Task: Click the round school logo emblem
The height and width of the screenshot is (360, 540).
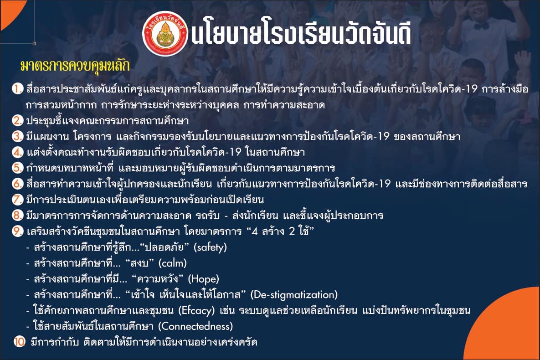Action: pyautogui.click(x=165, y=34)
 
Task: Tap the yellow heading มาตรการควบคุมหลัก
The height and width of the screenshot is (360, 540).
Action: pyautogui.click(x=75, y=66)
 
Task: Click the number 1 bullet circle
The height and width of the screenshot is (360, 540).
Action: pyautogui.click(x=17, y=88)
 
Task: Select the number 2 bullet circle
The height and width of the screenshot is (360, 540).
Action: pyautogui.click(x=17, y=120)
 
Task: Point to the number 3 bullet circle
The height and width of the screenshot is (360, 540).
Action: pyautogui.click(x=17, y=136)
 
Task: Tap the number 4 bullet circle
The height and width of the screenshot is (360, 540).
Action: pyautogui.click(x=17, y=152)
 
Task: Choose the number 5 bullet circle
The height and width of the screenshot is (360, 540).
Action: pyautogui.click(x=17, y=168)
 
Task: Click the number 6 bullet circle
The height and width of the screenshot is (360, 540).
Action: pyautogui.click(x=17, y=184)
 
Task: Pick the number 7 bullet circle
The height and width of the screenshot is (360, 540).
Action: pyautogui.click(x=17, y=200)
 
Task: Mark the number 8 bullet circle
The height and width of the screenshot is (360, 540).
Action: pyautogui.click(x=17, y=215)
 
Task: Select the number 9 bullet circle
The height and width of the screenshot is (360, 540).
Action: pyautogui.click(x=17, y=231)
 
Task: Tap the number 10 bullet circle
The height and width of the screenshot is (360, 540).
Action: pyautogui.click(x=19, y=342)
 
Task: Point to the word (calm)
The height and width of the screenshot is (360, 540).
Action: pyautogui.click(x=173, y=263)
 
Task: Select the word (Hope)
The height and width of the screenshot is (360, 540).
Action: pyautogui.click(x=203, y=279)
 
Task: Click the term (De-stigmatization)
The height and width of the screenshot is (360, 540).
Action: pyautogui.click(x=294, y=295)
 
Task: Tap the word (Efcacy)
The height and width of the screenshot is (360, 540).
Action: pyautogui.click(x=196, y=311)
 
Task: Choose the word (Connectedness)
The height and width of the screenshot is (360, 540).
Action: pyautogui.click(x=195, y=326)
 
